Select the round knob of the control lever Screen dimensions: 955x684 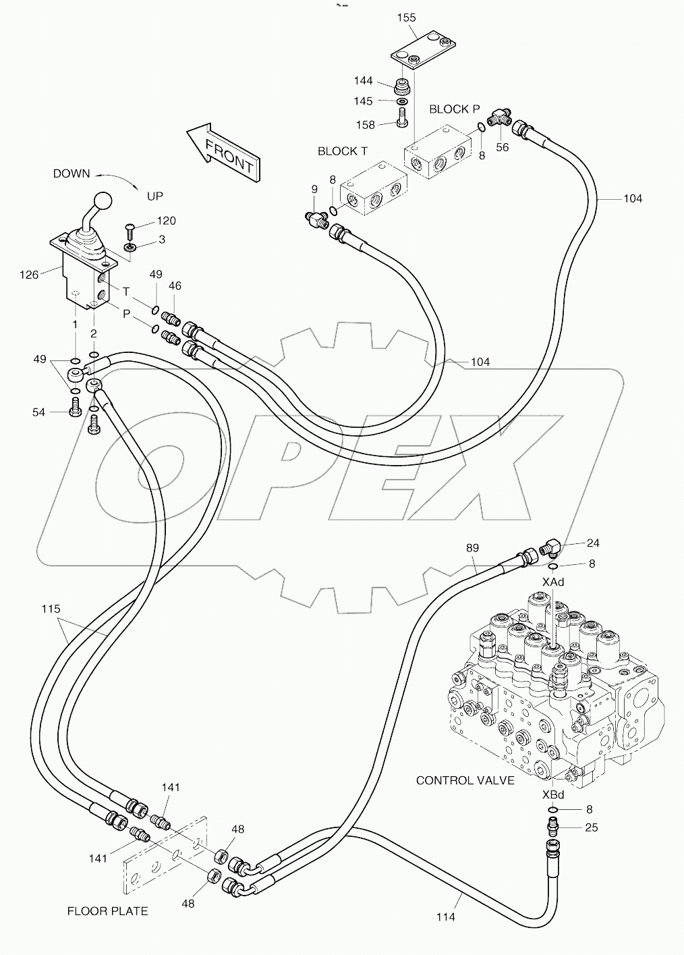(x=103, y=201)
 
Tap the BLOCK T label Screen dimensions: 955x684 (x=343, y=151)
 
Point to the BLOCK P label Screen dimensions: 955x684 (x=454, y=109)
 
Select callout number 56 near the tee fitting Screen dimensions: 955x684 (x=502, y=147)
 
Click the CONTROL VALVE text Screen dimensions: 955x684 (x=465, y=780)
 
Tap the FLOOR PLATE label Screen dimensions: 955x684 (x=107, y=911)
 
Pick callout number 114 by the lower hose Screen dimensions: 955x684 (x=445, y=917)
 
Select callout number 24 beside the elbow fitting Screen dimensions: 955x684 (x=593, y=543)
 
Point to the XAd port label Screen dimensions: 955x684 (x=552, y=582)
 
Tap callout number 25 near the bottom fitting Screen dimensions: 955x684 (x=591, y=827)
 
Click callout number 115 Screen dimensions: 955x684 (x=51, y=609)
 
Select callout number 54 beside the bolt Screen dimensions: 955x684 (x=38, y=412)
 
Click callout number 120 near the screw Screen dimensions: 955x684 (x=166, y=221)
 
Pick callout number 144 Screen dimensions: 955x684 (x=363, y=81)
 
